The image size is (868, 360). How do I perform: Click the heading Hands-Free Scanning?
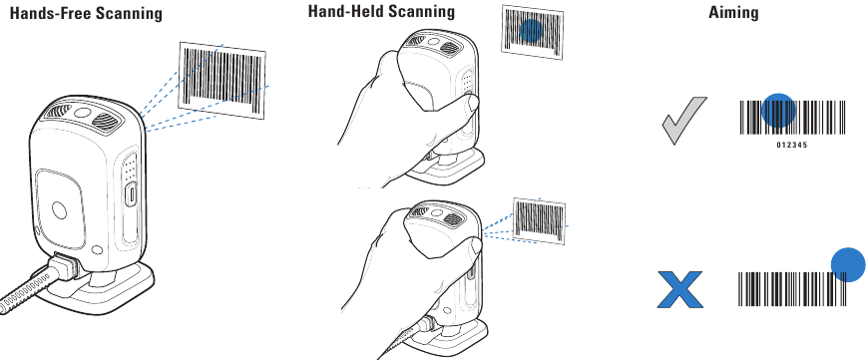coord(86,14)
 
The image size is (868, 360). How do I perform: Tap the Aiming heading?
coord(732,12)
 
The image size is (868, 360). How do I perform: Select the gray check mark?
coord(684,120)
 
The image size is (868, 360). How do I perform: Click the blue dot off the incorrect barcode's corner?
coord(847,263)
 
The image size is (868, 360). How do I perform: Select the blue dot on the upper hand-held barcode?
coord(532,31)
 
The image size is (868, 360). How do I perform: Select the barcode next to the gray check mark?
coord(792,118)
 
